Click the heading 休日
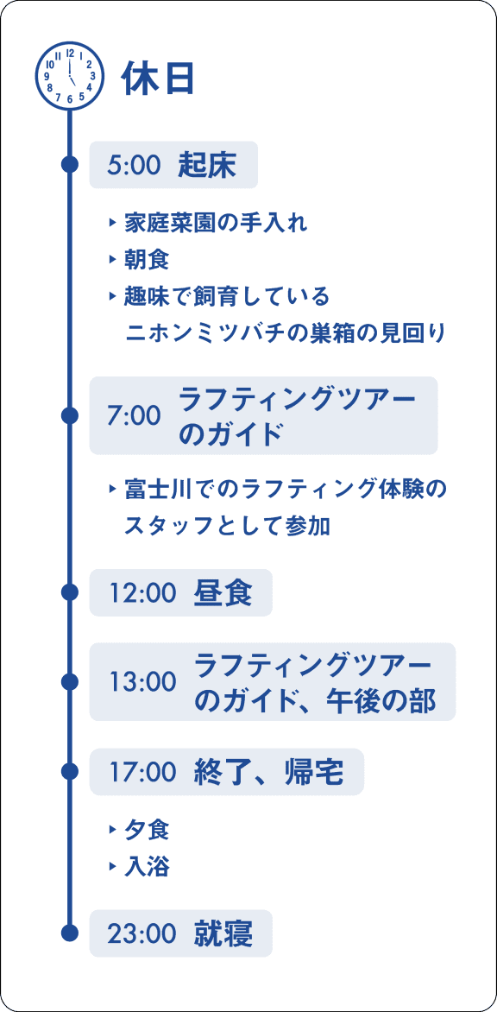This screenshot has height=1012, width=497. pyautogui.click(x=159, y=79)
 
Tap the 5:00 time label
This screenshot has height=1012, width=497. pyautogui.click(x=134, y=165)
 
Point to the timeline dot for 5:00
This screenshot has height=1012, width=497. pyautogui.click(x=70, y=165)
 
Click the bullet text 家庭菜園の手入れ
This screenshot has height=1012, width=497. pyautogui.click(x=216, y=224)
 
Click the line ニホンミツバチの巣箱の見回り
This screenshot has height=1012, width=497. pyautogui.click(x=285, y=333)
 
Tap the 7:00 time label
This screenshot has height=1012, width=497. pyautogui.click(x=134, y=416)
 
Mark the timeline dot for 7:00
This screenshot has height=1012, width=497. pyautogui.click(x=70, y=415)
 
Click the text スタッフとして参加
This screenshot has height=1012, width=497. pyautogui.click(x=228, y=526)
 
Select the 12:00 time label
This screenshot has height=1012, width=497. pyautogui.click(x=142, y=592)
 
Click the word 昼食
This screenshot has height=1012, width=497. pyautogui.click(x=223, y=592)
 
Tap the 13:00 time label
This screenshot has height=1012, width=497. pyautogui.click(x=142, y=682)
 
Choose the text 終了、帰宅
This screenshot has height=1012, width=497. pyautogui.click(x=269, y=771)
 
